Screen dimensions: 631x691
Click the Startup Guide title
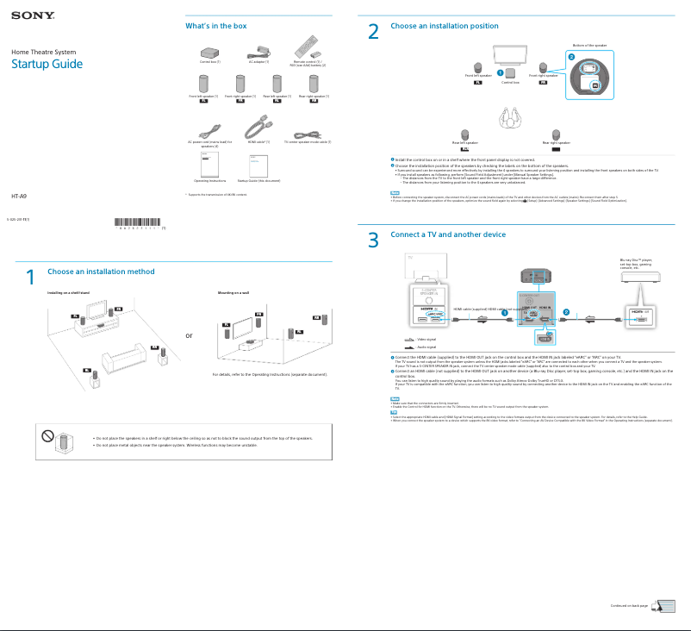pyautogui.click(x=47, y=65)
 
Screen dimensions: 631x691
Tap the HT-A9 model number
pyautogui.click(x=18, y=197)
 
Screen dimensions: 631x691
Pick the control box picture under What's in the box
pyautogui.click(x=210, y=51)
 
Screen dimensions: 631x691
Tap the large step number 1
pyautogui.click(x=29, y=278)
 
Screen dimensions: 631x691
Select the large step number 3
pyautogui.click(x=373, y=241)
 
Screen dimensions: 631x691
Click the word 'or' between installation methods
pyautogui.click(x=190, y=335)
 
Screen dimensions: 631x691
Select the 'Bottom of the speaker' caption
pyautogui.click(x=589, y=45)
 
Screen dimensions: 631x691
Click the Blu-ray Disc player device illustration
pyautogui.click(x=639, y=276)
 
